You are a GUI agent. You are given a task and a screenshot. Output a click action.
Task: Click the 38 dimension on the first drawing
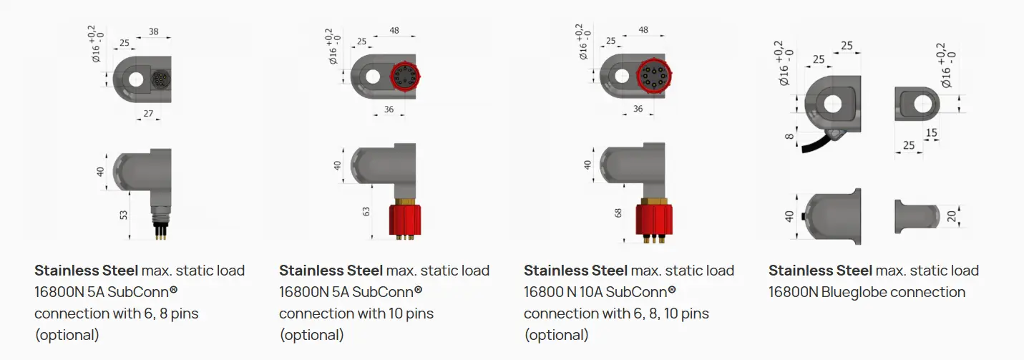coord(154,31)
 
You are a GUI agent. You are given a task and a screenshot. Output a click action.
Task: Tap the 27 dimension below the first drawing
coord(148,114)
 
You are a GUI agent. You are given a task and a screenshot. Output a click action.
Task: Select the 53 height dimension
coord(123,215)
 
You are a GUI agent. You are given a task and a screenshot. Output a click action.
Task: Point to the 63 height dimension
coord(366,211)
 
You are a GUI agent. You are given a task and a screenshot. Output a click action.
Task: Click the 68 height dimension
coord(618,213)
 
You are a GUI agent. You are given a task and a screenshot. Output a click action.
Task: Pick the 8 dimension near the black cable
coord(789,136)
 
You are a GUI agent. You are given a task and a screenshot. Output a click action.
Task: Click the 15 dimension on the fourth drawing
coord(931,132)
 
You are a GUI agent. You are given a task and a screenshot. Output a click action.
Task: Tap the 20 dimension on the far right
coord(951,216)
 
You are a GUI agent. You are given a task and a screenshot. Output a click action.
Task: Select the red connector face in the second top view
coord(405,76)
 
